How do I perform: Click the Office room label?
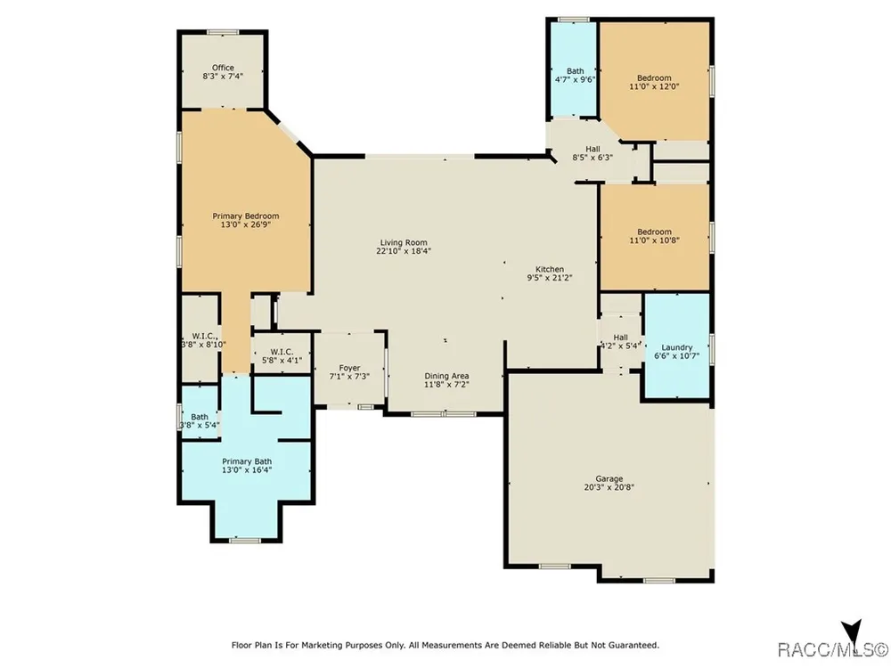(223, 68)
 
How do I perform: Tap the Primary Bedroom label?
(246, 216)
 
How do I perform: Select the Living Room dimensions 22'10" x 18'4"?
(404, 250)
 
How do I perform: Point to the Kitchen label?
(550, 269)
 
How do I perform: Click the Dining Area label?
(446, 376)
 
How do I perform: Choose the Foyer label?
(349, 368)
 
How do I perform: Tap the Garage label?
(609, 479)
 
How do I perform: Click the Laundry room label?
(677, 347)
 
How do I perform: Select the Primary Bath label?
(247, 461)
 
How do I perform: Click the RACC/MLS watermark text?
(832, 648)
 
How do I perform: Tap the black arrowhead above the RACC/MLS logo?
(851, 631)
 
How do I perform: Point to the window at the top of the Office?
(223, 32)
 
